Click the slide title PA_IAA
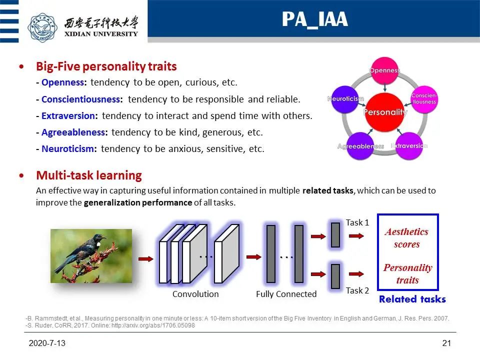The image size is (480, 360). point(314,19)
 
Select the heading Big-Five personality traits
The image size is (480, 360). point(106,66)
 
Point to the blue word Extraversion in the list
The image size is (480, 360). point(68,115)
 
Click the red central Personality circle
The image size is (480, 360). point(385,111)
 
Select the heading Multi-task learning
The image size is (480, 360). point(89,175)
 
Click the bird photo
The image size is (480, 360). point(91,255)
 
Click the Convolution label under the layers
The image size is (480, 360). point(195,294)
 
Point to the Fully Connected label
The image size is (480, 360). point(286,294)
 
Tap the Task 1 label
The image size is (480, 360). point(357,222)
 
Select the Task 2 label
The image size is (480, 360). point(357,290)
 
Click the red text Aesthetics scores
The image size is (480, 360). point(406,238)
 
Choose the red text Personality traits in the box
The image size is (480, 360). point(407,273)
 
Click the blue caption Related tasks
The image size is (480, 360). point(412,299)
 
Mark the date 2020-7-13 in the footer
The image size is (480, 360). point(47,344)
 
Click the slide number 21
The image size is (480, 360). point(446,344)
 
